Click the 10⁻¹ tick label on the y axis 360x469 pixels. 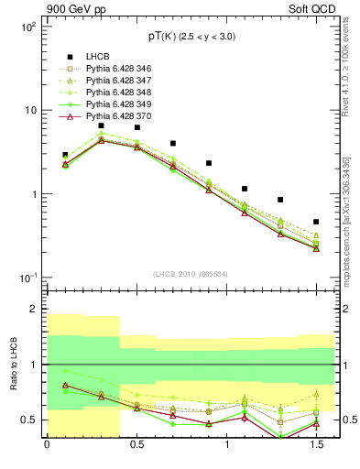(x=27, y=278)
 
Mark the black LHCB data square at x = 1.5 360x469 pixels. (x=316, y=222)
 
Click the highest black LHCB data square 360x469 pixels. (x=102, y=125)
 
